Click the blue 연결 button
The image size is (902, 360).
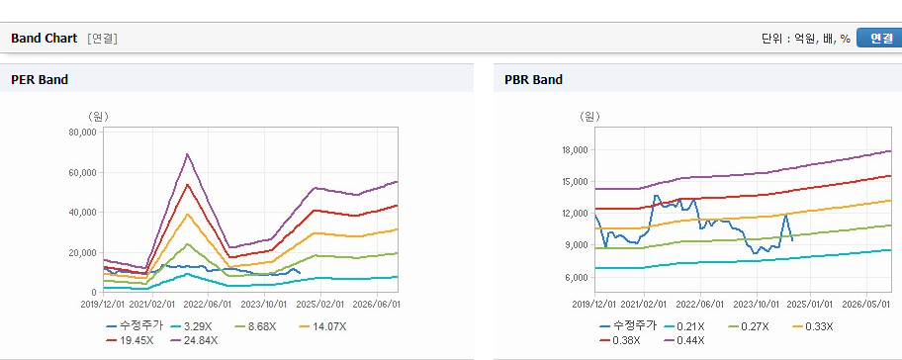[x=879, y=38]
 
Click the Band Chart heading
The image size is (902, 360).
[x=44, y=38]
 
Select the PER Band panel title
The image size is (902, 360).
[x=40, y=80]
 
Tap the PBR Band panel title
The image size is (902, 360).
[x=533, y=80]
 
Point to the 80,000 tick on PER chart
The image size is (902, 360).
[x=83, y=133]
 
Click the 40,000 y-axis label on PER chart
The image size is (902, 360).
[x=83, y=213]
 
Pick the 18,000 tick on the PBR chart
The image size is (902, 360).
[x=575, y=150]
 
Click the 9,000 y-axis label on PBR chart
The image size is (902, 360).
[x=577, y=245]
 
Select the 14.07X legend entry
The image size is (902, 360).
[x=322, y=326]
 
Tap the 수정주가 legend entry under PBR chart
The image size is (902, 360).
[x=628, y=326]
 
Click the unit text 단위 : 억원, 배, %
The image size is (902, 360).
[x=806, y=39]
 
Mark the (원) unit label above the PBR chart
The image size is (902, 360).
[x=589, y=117]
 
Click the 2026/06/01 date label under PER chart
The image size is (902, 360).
[x=377, y=304]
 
